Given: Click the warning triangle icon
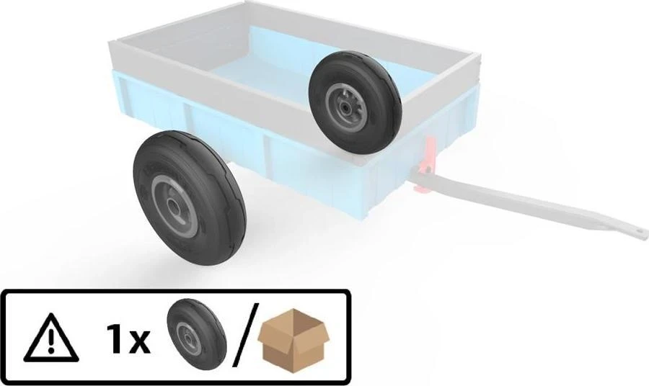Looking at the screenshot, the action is [x=51, y=337].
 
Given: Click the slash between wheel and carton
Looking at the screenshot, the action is [x=245, y=334].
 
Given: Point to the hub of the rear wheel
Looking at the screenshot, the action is [x=344, y=106].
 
